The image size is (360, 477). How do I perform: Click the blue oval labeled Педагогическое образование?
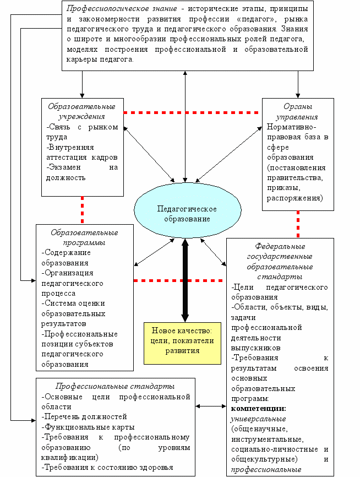[x=188, y=210]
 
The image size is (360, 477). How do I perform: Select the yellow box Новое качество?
[x=182, y=343]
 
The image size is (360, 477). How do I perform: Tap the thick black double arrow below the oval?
[x=185, y=280]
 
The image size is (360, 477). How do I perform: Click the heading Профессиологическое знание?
[x=122, y=8]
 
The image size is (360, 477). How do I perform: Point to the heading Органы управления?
[x=298, y=112]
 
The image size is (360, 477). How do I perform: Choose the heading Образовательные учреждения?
[x=82, y=111]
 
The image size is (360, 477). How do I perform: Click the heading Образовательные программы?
[x=84, y=237]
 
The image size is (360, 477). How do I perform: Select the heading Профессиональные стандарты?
[x=115, y=386]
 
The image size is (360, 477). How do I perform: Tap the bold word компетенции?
[x=259, y=409]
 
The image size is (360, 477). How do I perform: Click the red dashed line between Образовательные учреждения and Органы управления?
[x=191, y=112]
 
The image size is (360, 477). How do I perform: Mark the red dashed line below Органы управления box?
[x=298, y=224]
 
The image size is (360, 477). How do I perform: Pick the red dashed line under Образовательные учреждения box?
[x=82, y=210]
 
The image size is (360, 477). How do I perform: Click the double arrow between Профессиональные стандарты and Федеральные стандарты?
[x=211, y=406]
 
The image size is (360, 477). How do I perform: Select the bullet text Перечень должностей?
[x=84, y=417]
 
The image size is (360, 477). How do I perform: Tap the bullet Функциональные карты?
[x=88, y=427]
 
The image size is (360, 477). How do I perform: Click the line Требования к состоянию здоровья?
[x=107, y=468]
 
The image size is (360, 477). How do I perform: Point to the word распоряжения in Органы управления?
[x=295, y=198]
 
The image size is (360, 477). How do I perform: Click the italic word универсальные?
[x=259, y=419]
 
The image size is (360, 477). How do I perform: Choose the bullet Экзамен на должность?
[x=82, y=172]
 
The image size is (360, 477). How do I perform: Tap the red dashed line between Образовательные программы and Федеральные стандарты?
[x=178, y=280]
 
